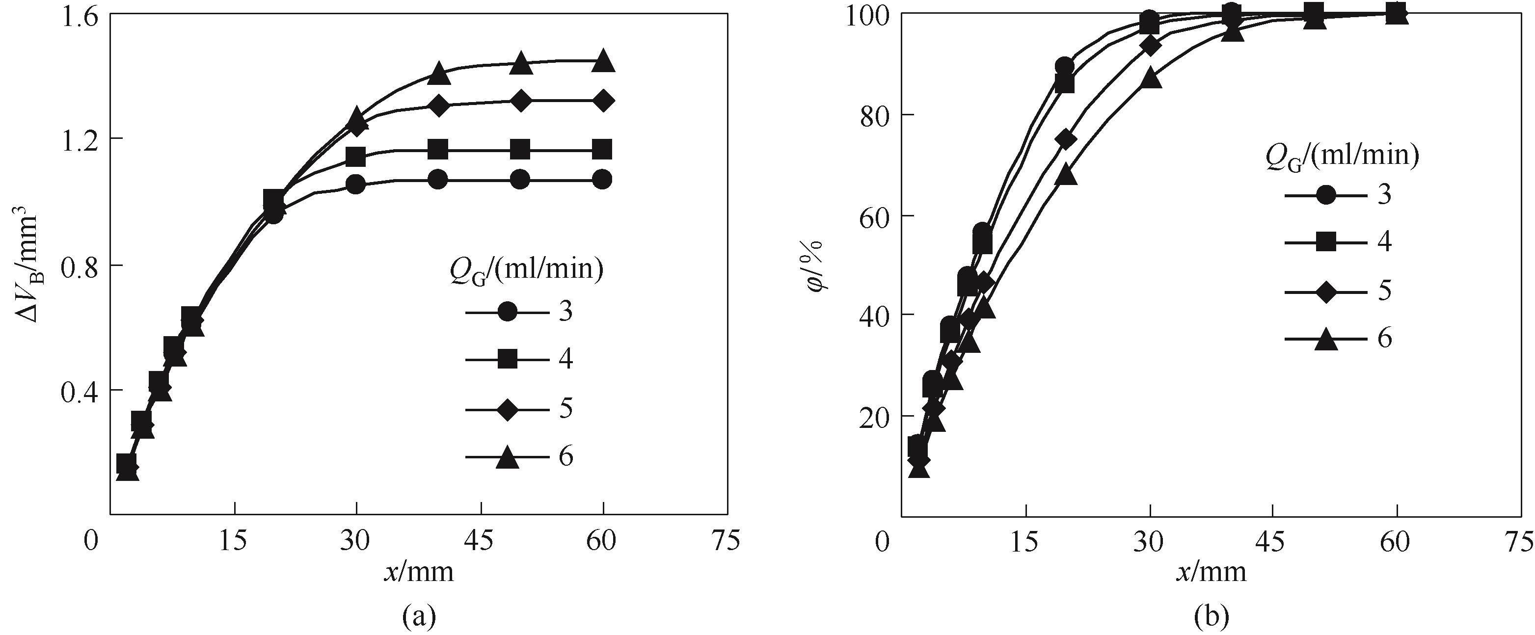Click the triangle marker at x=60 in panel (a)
point(603,61)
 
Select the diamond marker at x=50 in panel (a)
point(521,101)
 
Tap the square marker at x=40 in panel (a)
point(438,150)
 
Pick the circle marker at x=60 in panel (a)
point(603,179)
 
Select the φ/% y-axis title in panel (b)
point(816,266)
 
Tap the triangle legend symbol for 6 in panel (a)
point(507,457)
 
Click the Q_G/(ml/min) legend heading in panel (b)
point(1341,157)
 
